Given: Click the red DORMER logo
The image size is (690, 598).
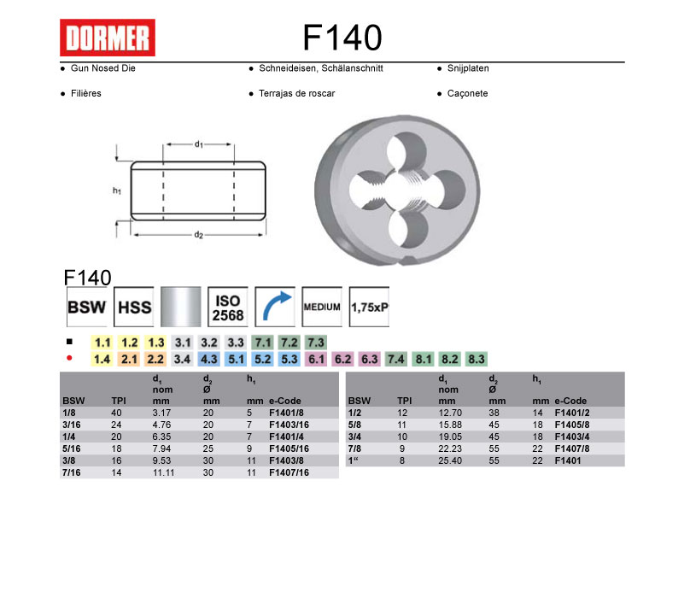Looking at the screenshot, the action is pos(108,38).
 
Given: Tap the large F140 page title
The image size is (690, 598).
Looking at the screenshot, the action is pos(342,38).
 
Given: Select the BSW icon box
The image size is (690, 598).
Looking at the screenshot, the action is pos(87,307).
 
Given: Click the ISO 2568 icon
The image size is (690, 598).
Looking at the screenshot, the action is pos(227,307).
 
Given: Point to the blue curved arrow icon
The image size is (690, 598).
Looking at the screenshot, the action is pos(275,307).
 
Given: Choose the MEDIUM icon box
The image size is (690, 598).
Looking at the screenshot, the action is pos(322,307).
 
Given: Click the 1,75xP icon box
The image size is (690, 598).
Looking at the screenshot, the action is pos(369,307).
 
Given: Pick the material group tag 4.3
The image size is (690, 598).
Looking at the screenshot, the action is pos(209,360).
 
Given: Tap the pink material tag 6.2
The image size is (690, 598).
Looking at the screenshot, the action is pos(342,360).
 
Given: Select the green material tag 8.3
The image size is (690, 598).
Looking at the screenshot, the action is pos(477,360).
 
